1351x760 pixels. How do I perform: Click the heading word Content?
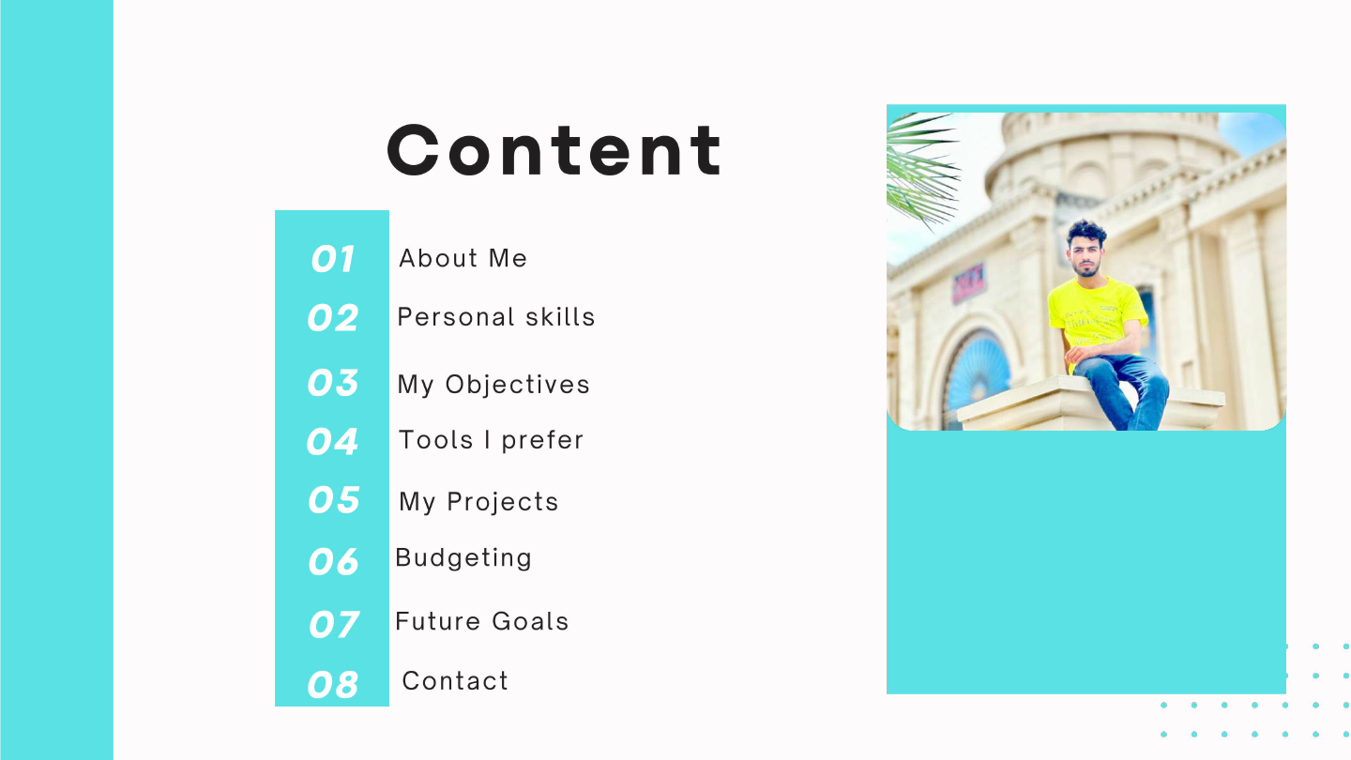click(x=554, y=150)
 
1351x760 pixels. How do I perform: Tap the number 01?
click(x=332, y=259)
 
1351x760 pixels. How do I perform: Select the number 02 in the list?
click(x=332, y=318)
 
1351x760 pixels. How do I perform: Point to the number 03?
click(x=332, y=383)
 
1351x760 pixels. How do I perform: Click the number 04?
click(x=332, y=441)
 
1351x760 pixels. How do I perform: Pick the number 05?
click(x=333, y=500)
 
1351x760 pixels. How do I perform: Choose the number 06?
click(x=333, y=561)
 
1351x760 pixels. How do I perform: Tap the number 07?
click(x=333, y=624)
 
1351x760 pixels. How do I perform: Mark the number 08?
click(x=332, y=685)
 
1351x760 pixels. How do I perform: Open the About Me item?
click(x=463, y=258)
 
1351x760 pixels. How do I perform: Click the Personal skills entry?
click(x=495, y=317)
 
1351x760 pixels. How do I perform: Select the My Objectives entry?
click(x=493, y=385)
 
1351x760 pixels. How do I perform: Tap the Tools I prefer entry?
click(x=491, y=440)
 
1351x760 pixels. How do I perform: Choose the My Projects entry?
click(x=478, y=502)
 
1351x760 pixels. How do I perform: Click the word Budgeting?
click(x=463, y=558)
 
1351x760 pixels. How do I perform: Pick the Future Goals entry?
click(x=481, y=621)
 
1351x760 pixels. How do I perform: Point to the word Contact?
click(x=455, y=681)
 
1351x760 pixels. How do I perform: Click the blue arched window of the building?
click(x=976, y=371)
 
